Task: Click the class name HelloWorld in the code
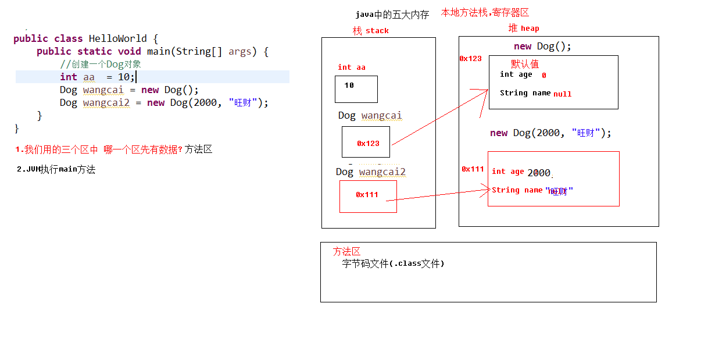point(117,38)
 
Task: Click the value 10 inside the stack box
point(349,85)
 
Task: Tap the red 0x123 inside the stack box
point(368,143)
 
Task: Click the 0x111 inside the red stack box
point(367,195)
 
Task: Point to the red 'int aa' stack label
point(352,67)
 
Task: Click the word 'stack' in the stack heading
point(377,31)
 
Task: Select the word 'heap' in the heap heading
point(530,28)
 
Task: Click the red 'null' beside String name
point(562,94)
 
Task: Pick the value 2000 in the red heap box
point(538,173)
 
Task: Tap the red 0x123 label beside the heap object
point(470,59)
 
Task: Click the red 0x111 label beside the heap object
point(473,169)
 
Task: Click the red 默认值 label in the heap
point(525,64)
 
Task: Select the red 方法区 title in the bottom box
point(346,251)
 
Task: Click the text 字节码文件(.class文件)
point(393,263)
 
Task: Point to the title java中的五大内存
point(392,15)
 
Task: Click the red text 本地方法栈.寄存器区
point(485,12)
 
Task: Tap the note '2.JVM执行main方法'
point(56,170)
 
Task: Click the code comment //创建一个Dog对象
point(100,64)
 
